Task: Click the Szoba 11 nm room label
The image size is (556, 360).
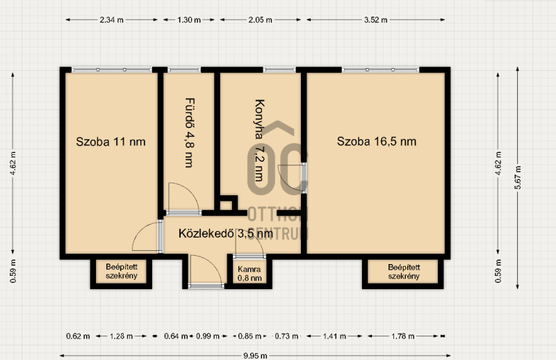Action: point(111,142)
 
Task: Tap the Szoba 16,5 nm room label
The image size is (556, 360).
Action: point(377,141)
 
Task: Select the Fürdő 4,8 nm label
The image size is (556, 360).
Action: point(190,133)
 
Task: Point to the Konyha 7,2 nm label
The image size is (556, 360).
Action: point(259,140)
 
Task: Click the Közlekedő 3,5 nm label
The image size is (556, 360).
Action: point(225,234)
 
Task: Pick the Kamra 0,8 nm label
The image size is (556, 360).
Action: point(250,273)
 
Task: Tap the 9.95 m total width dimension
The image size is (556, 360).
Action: point(255,355)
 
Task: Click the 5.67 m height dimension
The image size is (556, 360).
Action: point(518,177)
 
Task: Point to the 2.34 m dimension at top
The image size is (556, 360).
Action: point(111,20)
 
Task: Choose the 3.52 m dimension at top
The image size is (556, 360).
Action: point(375,20)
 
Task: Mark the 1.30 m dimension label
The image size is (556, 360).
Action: point(189,20)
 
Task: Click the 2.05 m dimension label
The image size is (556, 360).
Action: point(260,20)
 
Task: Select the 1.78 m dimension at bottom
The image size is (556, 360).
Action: point(403,336)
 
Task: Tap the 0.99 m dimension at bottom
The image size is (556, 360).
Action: point(208,336)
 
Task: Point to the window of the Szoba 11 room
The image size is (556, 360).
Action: point(112,70)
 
